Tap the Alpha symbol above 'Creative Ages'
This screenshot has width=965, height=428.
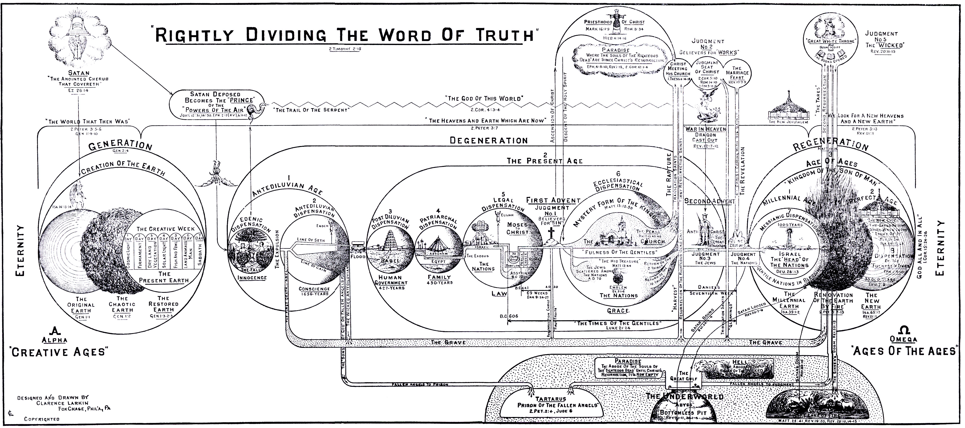[x=56, y=331]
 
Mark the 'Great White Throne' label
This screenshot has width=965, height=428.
[x=830, y=41]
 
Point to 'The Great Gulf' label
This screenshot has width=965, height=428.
[x=683, y=376]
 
